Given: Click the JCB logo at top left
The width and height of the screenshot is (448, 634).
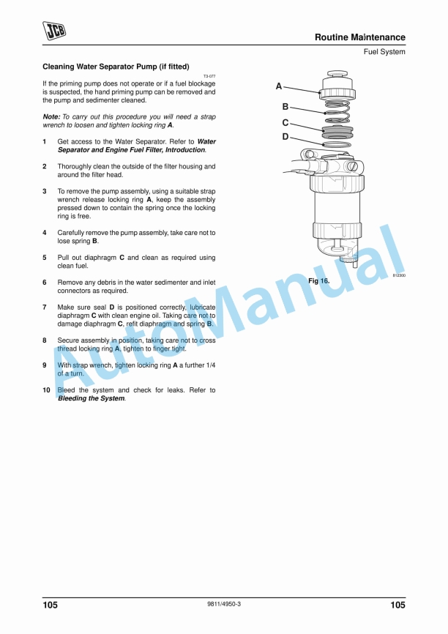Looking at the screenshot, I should [54, 29].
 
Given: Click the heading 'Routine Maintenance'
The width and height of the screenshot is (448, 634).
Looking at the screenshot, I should [359, 37].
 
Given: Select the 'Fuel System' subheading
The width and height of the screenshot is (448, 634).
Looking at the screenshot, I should [384, 52].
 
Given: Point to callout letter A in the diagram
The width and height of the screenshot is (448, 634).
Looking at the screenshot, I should [279, 86].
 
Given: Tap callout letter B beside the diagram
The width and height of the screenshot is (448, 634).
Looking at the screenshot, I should [285, 107].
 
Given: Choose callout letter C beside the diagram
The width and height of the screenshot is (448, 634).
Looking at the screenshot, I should [285, 123].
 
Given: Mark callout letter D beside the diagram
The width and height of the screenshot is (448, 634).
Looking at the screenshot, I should [285, 137].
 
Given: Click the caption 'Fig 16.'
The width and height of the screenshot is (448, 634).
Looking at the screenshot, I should [318, 281].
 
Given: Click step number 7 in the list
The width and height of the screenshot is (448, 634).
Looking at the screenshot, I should [45, 307].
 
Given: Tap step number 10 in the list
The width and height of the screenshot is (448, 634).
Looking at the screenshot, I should [46, 390].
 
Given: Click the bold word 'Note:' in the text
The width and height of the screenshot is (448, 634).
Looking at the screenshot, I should [51, 117].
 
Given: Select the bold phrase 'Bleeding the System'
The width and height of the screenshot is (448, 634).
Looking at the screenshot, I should [91, 398].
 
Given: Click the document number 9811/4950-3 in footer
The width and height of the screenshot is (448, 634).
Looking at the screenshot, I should [224, 604].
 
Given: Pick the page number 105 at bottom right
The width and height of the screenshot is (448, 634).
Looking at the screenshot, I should [397, 605].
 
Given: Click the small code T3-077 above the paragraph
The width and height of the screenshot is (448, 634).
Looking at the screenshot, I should [209, 76].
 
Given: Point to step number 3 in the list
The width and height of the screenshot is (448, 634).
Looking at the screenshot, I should [45, 191].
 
